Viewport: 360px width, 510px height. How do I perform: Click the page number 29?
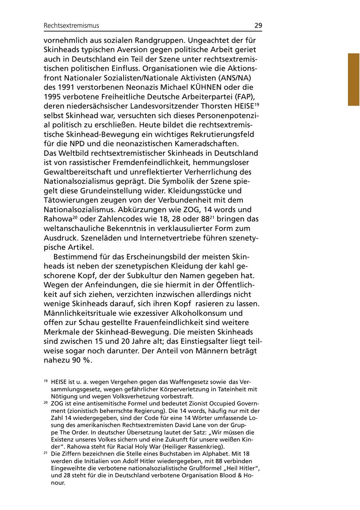pos(258,26)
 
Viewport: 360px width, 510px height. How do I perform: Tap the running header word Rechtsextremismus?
pos(71,26)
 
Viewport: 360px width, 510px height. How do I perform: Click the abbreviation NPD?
pos(78,143)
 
